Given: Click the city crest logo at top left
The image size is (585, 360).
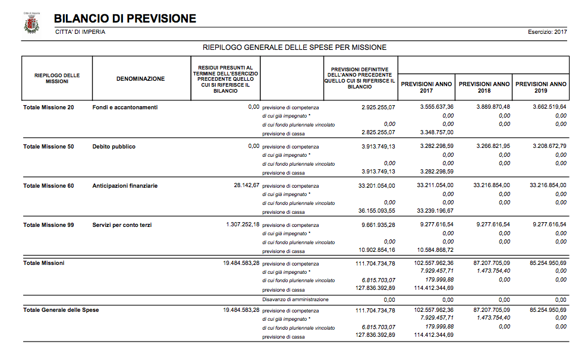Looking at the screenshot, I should pos(31,24).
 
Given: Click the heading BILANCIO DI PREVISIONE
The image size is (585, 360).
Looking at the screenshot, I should pos(125,19).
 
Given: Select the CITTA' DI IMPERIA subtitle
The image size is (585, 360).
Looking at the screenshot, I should pos(80,32).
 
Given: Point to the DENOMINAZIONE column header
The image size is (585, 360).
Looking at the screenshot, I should pos(140,79).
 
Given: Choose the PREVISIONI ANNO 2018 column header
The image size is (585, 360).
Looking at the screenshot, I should pos(485,87).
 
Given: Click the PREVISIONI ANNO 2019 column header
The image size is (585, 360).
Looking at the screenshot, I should pos(541,87).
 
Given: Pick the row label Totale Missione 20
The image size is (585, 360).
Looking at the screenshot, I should pos(49,108).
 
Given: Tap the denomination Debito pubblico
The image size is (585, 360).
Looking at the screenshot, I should pos(114,147).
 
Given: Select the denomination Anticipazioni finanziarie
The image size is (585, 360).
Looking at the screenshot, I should pos(125,186).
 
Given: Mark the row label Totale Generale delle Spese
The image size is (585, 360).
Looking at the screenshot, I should pos(61,310).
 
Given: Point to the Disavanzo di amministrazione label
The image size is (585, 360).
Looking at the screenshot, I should pos(295,299).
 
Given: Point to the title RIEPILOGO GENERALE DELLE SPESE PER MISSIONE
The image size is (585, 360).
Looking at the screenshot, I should pos(294,47).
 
